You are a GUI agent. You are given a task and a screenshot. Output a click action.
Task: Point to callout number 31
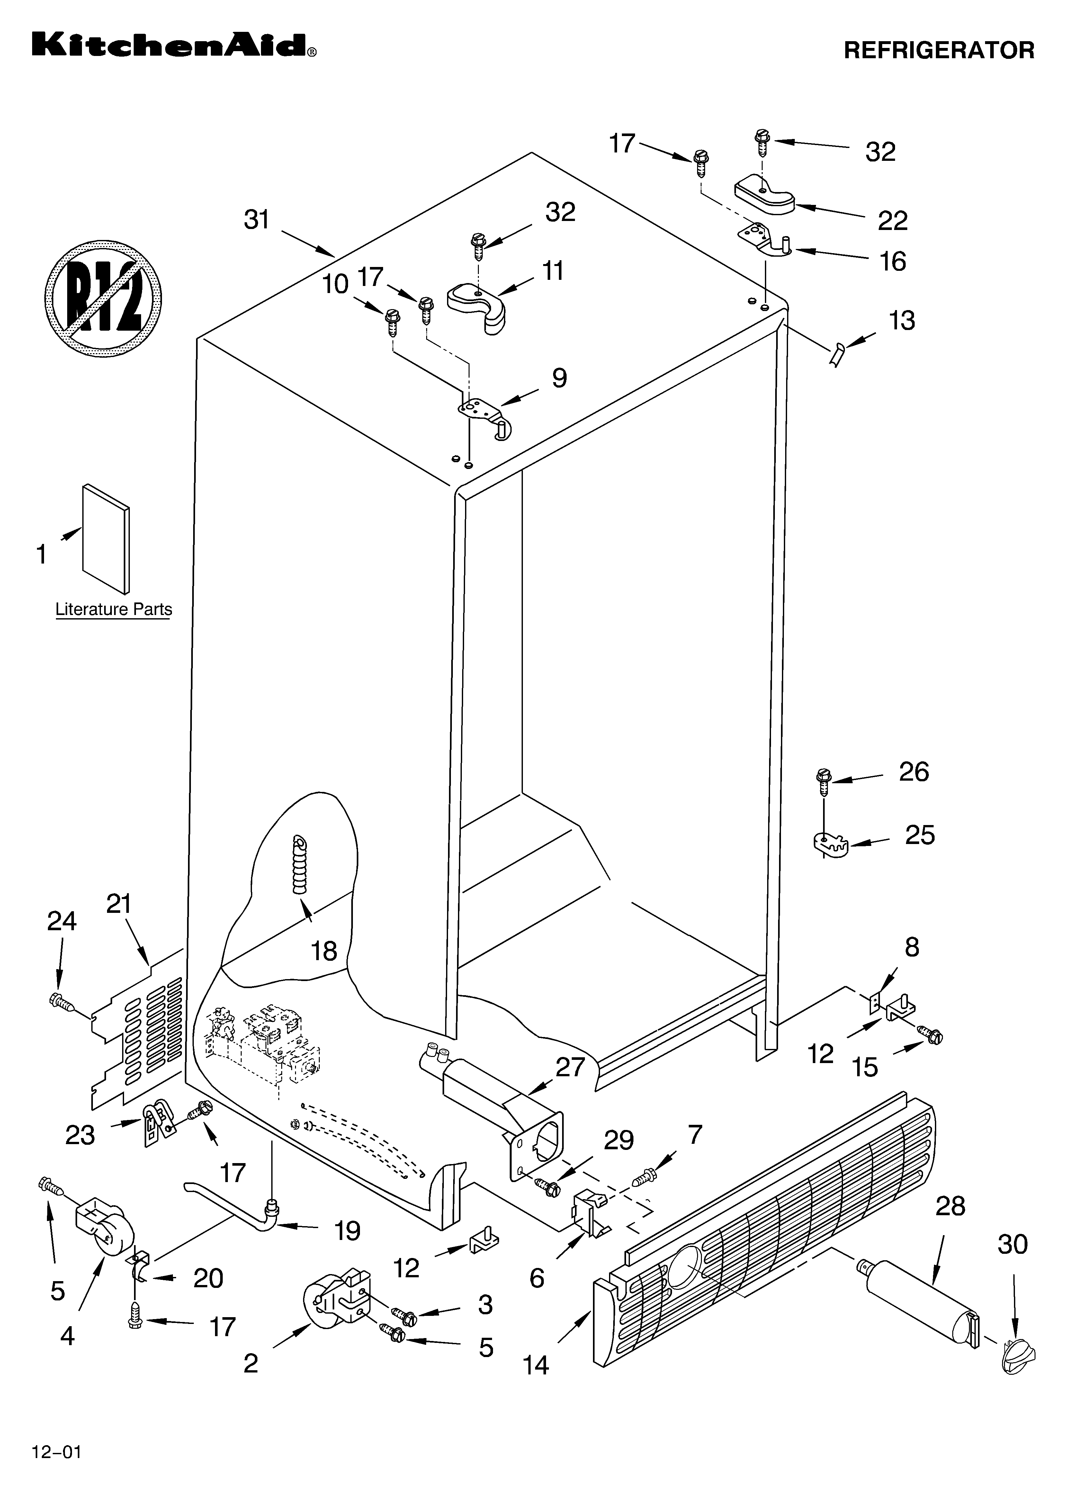pyautogui.click(x=257, y=220)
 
